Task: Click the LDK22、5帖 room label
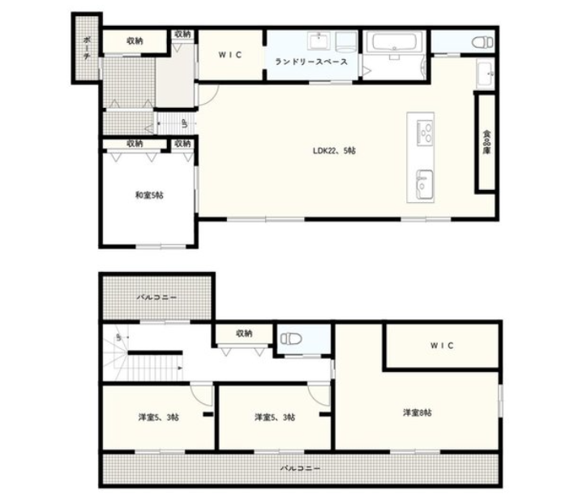[x=334, y=151]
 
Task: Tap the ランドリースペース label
[x=311, y=62]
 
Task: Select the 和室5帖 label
[x=149, y=195]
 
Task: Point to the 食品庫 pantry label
[x=486, y=142]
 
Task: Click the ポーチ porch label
[x=87, y=48]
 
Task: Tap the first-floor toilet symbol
[x=482, y=42]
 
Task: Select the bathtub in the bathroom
[x=394, y=42]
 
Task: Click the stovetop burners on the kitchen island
[x=425, y=133]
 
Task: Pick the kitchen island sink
[x=425, y=185]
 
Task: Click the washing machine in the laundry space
[x=345, y=41]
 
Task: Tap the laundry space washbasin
[x=319, y=41]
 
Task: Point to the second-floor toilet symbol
[x=291, y=338]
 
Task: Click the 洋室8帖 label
[x=417, y=412]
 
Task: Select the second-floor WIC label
[x=442, y=345]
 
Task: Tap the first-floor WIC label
[x=230, y=54]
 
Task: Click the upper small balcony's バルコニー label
[x=156, y=298]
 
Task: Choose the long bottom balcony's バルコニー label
[x=300, y=468]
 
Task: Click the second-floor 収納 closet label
[x=244, y=334]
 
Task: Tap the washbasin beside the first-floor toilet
[x=486, y=74]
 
